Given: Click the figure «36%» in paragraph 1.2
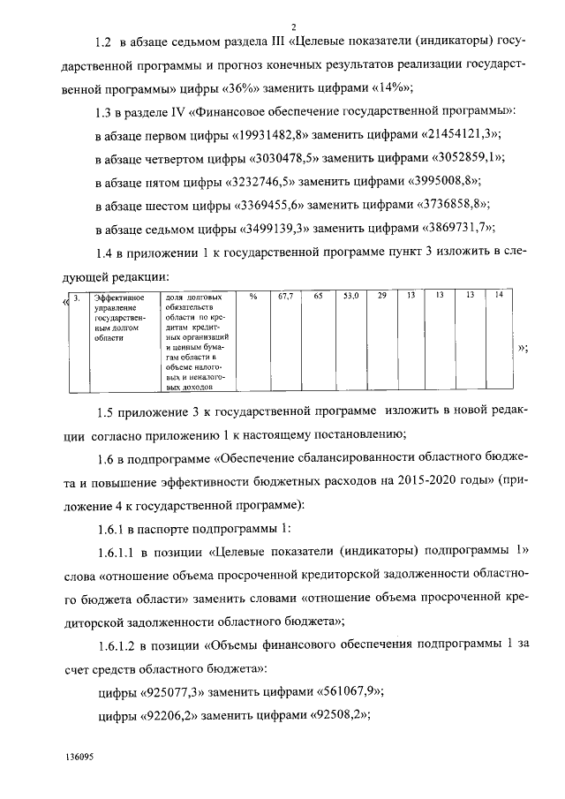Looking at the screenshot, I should [250, 88].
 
